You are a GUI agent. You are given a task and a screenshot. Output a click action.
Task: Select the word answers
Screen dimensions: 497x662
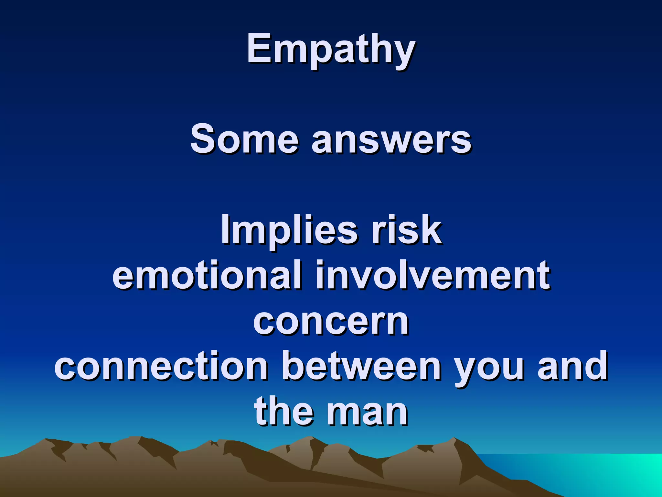[x=391, y=140]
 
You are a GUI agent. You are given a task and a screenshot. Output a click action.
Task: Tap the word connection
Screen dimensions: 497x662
[x=162, y=366]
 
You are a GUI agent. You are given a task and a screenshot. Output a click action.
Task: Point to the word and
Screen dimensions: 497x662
[x=572, y=366]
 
